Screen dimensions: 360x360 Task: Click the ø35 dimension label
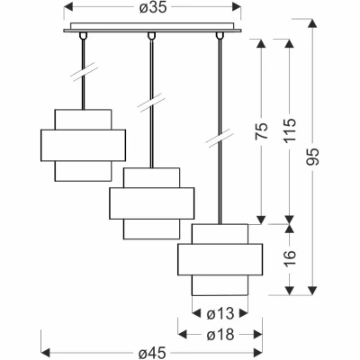tap(153, 8)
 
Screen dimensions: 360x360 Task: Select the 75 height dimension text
tap(261, 130)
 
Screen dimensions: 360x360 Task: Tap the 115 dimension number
tap(290, 130)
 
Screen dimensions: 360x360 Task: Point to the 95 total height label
tap(313, 157)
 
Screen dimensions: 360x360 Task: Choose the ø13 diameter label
tap(220, 314)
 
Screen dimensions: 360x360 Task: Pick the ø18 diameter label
tap(220, 334)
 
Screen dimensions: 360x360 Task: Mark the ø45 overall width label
tap(152, 354)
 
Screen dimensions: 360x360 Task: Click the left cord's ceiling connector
tap(83, 36)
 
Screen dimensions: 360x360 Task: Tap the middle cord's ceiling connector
tap(152, 36)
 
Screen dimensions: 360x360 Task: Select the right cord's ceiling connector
tap(220, 36)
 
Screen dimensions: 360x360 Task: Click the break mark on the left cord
tap(84, 72)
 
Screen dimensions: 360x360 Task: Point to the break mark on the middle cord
tap(151, 103)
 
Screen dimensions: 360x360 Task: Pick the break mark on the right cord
tap(220, 138)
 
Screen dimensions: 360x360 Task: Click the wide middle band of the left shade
tap(83, 146)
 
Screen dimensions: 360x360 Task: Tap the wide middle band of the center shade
tap(152, 203)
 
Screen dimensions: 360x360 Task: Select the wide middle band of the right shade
tap(220, 259)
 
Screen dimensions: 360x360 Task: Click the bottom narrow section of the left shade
tap(83, 171)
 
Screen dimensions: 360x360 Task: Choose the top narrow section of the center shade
tap(152, 178)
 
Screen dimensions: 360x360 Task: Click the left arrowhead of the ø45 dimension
tap(45, 351)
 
